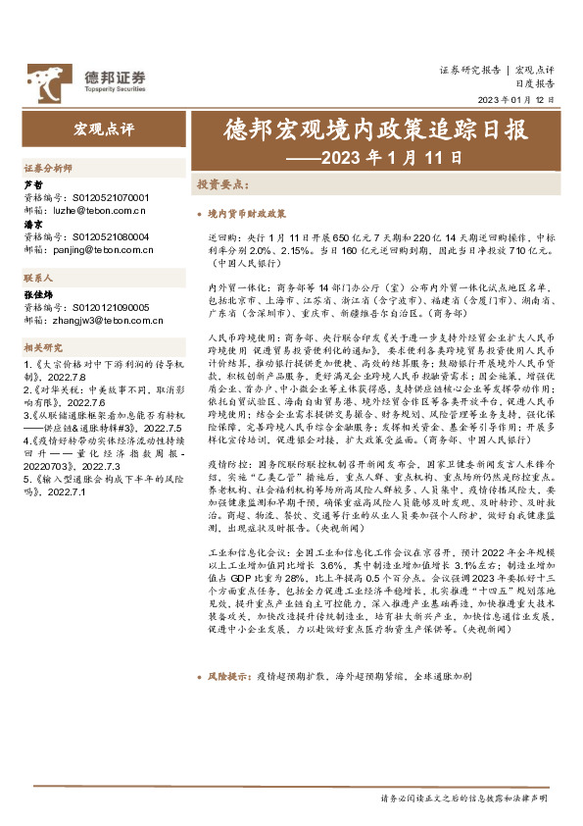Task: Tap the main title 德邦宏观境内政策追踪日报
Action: [362, 131]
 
